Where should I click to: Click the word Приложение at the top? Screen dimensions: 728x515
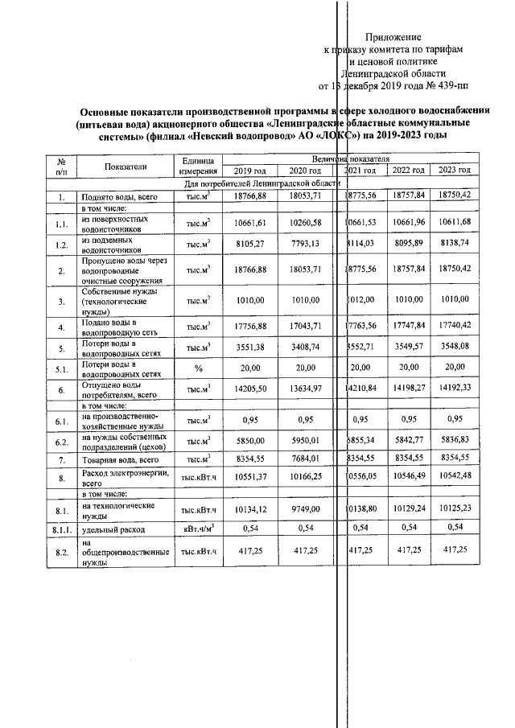coord(393,37)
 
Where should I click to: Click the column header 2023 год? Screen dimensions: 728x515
coord(454,171)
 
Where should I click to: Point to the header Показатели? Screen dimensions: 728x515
coord(126,166)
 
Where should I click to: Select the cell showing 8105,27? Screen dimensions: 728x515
coord(249,245)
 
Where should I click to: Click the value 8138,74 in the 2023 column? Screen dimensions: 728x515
coord(454,245)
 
